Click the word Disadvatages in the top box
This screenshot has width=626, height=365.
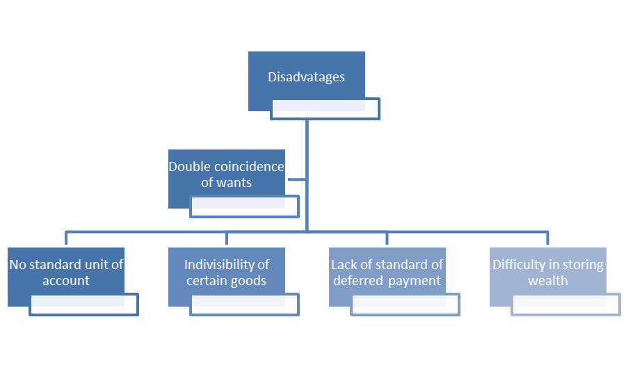click(306, 77)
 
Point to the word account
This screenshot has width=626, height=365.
click(66, 281)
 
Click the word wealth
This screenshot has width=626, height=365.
click(548, 281)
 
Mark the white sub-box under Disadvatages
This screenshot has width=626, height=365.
click(326, 108)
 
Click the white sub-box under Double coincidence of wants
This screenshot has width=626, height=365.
click(245, 206)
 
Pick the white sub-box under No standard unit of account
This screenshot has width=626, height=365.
click(84, 305)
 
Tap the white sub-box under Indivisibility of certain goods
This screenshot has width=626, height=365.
click(245, 305)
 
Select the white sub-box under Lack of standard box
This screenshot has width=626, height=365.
click(406, 305)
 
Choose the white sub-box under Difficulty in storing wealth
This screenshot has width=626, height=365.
click(566, 305)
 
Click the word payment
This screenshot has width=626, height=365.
click(415, 281)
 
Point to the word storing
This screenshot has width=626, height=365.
click(566, 265)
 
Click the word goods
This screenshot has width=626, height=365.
click(249, 281)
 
